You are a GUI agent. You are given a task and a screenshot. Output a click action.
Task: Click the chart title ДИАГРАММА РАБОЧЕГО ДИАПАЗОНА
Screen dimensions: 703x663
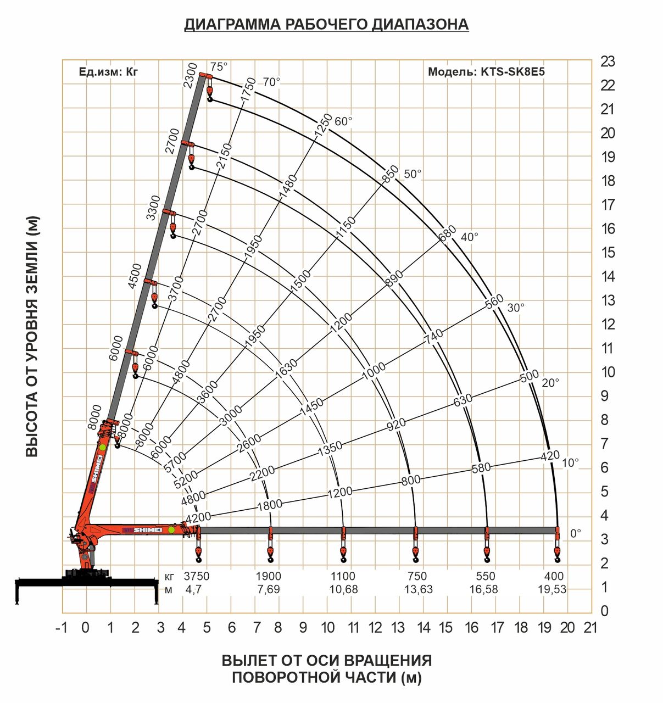click(326, 25)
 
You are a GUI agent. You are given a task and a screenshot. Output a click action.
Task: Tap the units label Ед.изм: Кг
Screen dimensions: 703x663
click(108, 72)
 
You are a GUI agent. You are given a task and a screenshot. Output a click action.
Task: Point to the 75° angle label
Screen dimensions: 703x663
click(219, 67)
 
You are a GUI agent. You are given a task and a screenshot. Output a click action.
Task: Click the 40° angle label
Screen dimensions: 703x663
click(469, 237)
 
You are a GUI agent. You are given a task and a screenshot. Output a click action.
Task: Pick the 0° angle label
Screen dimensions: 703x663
click(575, 533)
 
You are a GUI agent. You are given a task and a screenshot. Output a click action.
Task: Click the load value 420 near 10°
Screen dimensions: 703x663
click(550, 455)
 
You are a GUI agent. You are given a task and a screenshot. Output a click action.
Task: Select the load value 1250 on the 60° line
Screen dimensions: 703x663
click(324, 125)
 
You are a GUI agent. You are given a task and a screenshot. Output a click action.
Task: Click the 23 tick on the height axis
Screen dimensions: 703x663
click(608, 62)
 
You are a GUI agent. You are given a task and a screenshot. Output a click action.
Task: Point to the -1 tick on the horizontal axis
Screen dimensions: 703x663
click(62, 628)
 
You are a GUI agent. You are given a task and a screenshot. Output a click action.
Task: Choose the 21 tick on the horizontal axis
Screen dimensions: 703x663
click(590, 628)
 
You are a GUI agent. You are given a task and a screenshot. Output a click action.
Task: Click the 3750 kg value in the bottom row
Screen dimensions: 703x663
click(197, 576)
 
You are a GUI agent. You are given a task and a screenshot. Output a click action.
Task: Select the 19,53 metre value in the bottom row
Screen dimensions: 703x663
click(553, 589)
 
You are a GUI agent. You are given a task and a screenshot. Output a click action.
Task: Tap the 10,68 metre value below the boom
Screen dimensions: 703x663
click(343, 589)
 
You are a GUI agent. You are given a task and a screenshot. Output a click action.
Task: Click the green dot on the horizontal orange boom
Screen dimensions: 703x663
click(171, 529)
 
